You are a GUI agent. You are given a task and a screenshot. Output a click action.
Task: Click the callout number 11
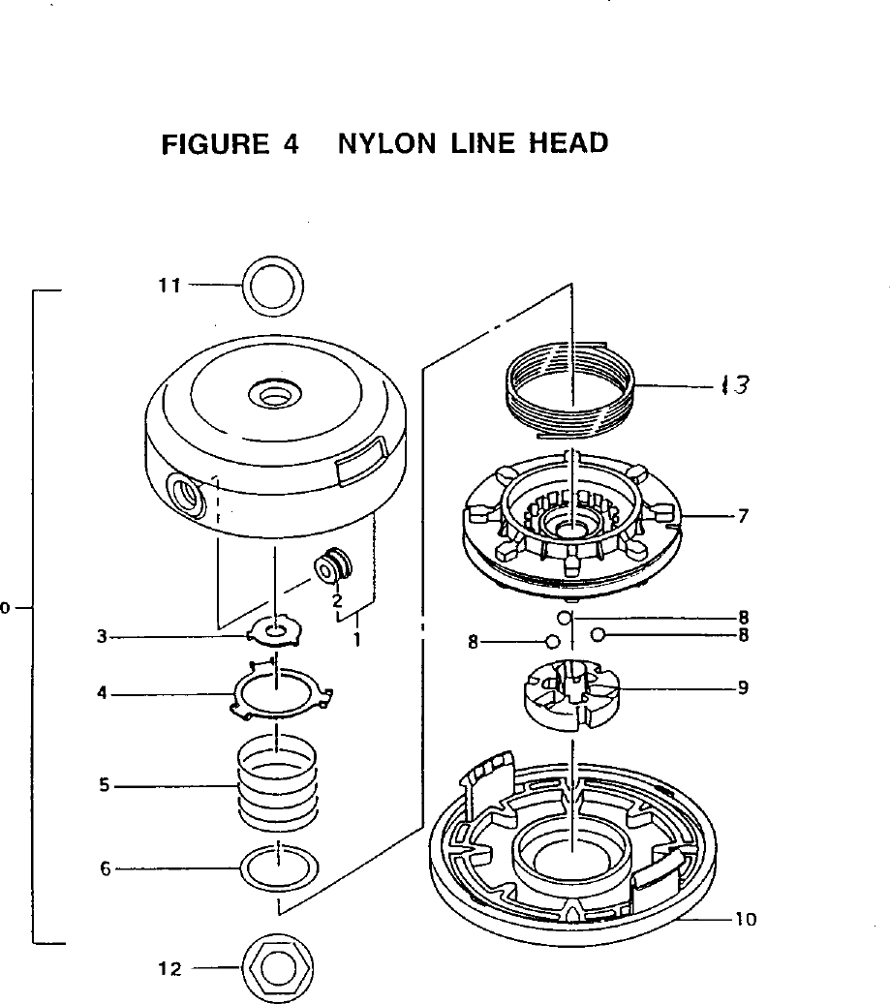pos(170,286)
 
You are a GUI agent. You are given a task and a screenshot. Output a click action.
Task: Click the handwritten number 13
pos(735,385)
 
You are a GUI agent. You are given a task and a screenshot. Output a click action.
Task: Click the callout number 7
pos(742,516)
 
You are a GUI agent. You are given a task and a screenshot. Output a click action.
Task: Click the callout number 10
pos(745,920)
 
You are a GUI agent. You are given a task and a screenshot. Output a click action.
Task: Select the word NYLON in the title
pos(384,144)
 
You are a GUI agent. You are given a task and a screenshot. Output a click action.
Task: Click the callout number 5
pos(104,786)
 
